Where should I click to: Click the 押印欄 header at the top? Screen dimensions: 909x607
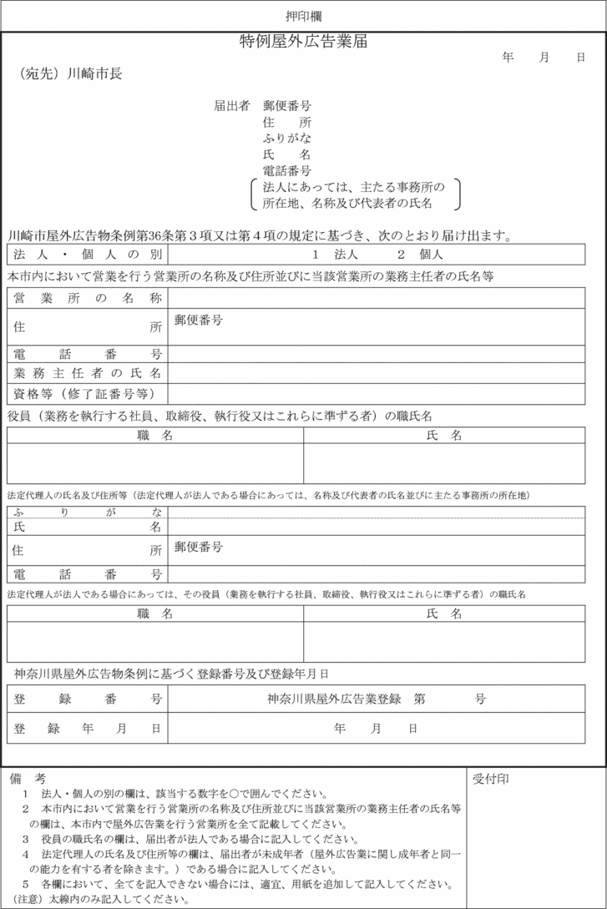point(303,16)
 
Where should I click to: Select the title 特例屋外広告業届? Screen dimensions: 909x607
point(303,41)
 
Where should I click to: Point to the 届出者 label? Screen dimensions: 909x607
point(232,106)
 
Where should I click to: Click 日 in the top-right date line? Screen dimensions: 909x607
point(580,58)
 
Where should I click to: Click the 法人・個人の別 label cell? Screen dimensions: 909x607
point(87,254)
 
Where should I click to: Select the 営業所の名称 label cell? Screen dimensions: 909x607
point(87,298)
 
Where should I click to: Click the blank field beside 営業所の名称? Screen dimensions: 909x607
point(385,298)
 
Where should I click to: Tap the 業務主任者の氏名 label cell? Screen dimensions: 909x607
point(87,372)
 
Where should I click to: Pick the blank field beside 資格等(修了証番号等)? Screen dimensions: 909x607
point(385,393)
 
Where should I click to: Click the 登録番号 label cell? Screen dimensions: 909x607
point(87,699)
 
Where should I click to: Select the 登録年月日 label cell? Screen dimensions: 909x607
point(87,728)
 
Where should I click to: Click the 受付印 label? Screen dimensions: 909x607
point(491,779)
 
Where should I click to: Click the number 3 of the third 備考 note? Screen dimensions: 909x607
point(26,838)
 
